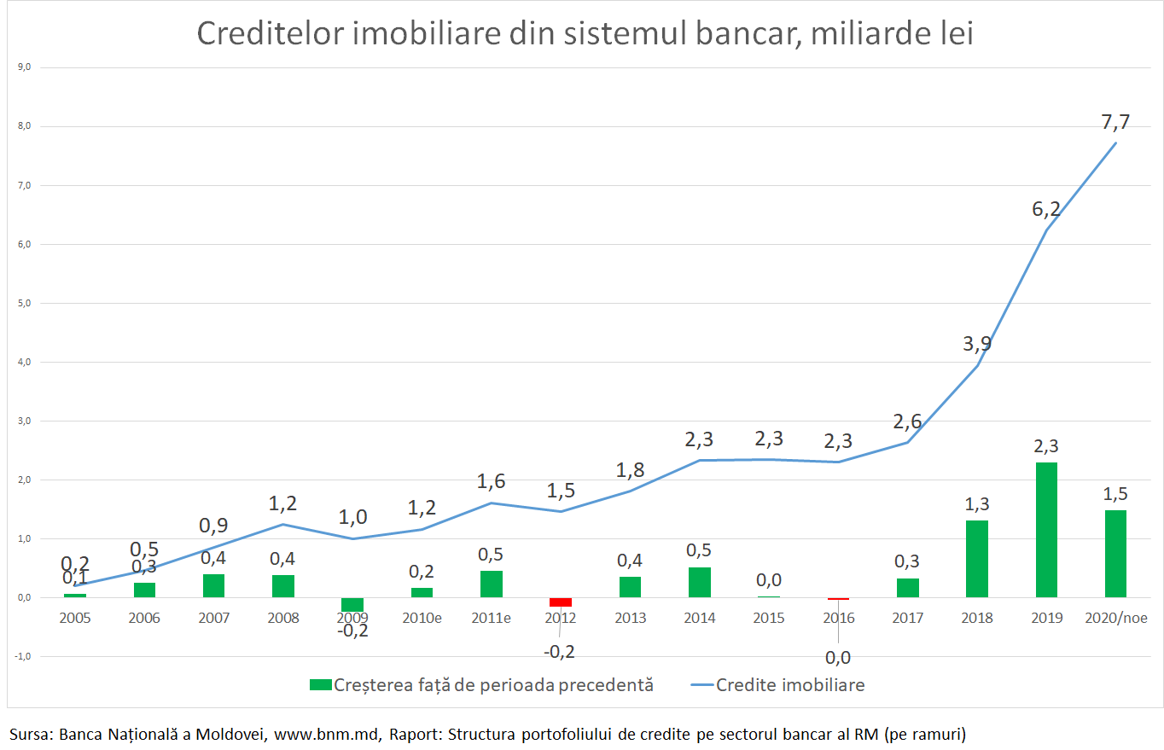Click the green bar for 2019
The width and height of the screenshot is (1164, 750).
pos(1046,530)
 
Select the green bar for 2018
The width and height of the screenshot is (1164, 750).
pos(977,559)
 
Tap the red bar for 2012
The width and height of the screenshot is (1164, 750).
pos(561,602)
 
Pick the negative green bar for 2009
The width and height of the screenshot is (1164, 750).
pos(352,604)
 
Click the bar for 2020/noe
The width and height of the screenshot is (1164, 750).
pos(1115,554)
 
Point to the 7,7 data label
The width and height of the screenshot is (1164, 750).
pos(1115,122)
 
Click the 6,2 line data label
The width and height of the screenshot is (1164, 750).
pos(1046,208)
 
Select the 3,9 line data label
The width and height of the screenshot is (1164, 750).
pos(977,344)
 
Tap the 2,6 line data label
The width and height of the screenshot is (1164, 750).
pos(907,421)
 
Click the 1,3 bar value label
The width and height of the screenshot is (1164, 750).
pos(977,503)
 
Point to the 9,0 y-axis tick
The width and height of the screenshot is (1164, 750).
pos(24,67)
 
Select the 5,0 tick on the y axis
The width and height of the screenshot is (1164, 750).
pos(24,303)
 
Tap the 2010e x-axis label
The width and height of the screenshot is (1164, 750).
pos(422,618)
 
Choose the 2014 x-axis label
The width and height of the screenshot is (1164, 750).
pos(699,618)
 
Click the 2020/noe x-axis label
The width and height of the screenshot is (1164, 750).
pos(1115,618)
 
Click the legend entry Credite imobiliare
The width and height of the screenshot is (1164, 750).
pos(790,684)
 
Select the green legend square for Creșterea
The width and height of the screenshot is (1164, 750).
pos(320,684)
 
